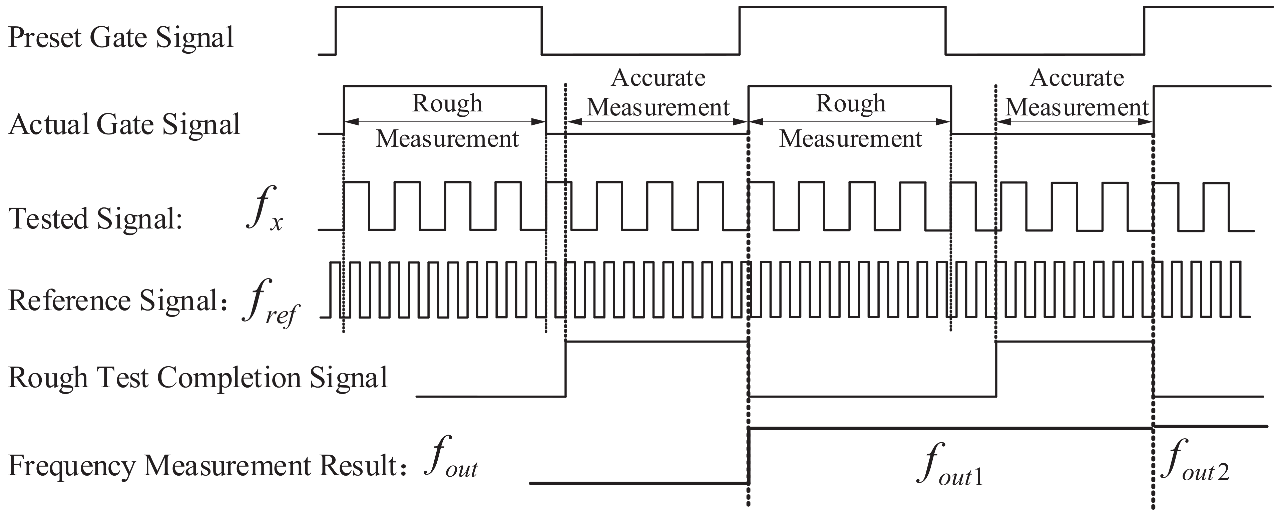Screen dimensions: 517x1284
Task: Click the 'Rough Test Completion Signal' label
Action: coord(198,377)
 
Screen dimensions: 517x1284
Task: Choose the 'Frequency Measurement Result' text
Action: coord(204,466)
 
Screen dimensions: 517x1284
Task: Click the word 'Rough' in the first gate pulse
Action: coord(447,104)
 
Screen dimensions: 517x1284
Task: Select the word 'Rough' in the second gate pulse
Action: coord(850,104)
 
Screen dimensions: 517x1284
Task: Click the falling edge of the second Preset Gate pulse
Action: coord(945,30)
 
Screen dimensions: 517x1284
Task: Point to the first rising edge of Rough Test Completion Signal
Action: coord(566,369)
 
